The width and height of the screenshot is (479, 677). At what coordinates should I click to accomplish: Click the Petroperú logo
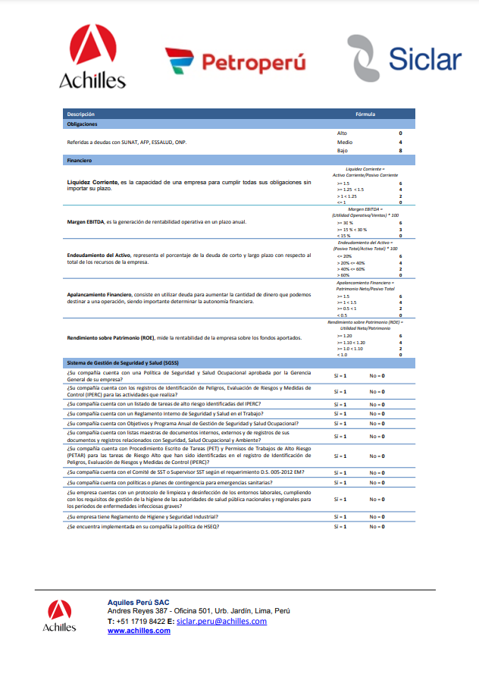235,61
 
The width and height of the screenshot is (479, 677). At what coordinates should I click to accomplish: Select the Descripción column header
81,114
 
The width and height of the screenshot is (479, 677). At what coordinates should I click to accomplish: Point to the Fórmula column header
365,114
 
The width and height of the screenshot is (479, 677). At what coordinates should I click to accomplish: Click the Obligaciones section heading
82,124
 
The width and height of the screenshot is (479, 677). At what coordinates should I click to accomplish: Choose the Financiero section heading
80,161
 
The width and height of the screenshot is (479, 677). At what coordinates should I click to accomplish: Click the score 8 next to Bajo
400,151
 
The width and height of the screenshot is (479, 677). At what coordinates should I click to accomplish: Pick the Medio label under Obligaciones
344,142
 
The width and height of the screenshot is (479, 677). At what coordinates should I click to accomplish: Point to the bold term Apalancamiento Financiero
104,294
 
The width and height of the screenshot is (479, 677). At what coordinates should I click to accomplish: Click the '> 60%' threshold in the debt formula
343,275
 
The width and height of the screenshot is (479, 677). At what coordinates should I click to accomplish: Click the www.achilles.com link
139,631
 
